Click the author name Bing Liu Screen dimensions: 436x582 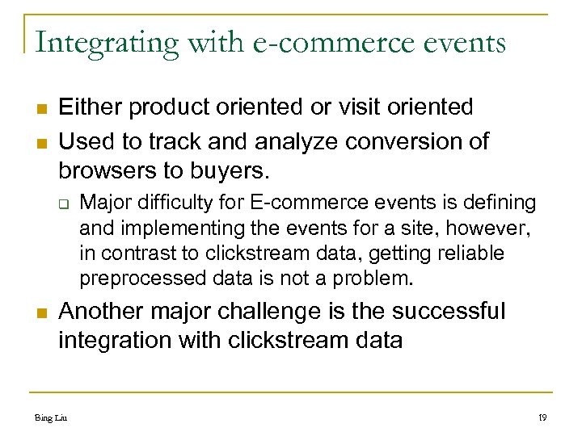tap(51, 418)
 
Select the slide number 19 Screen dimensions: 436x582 tap(541, 418)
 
